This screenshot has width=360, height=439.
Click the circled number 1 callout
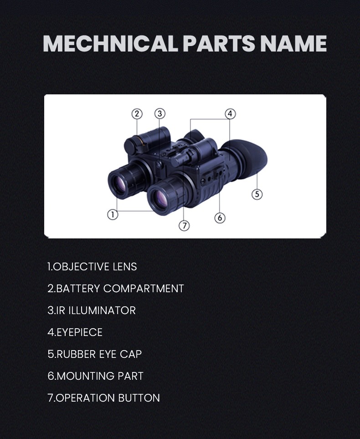pyautogui.click(x=113, y=215)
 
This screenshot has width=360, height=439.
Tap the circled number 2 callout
pyautogui.click(x=137, y=114)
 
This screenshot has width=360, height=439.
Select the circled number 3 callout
pyautogui.click(x=160, y=114)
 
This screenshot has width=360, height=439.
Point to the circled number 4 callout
pyautogui.click(x=230, y=114)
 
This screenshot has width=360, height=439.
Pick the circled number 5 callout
pyautogui.click(x=257, y=194)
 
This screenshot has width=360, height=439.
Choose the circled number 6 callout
pyautogui.click(x=220, y=218)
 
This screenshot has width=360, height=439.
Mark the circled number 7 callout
pyautogui.click(x=184, y=225)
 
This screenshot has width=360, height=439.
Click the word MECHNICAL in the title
pyautogui.click(x=110, y=44)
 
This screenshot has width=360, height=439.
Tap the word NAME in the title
pyautogui.click(x=293, y=44)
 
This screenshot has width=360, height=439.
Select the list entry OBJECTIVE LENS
pyautogui.click(x=92, y=267)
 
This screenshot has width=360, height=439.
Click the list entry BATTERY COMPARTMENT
pyautogui.click(x=116, y=289)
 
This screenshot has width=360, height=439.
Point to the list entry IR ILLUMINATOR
pyautogui.click(x=92, y=310)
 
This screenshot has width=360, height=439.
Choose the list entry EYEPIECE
pyautogui.click(x=75, y=332)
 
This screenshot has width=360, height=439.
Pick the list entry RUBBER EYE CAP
pyautogui.click(x=95, y=354)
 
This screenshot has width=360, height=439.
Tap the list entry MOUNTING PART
pyautogui.click(x=95, y=376)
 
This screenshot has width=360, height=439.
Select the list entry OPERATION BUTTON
pyautogui.click(x=103, y=398)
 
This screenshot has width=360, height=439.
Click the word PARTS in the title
pyautogui.click(x=219, y=44)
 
